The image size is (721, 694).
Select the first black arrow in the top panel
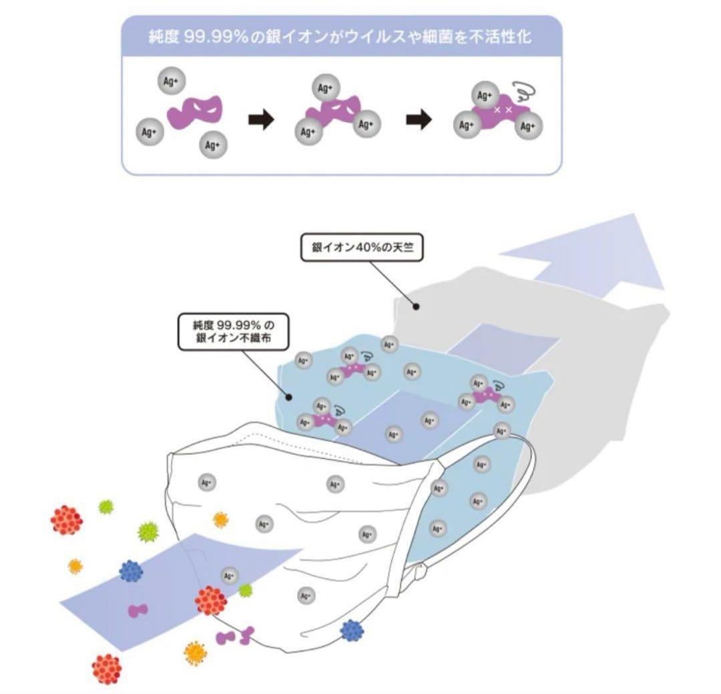pos(261,120)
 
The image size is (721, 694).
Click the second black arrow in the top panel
pos(419,120)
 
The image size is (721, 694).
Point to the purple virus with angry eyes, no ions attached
pos(195,112)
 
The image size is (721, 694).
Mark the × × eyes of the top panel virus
pos(503,109)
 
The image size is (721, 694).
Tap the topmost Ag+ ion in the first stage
pos(172,81)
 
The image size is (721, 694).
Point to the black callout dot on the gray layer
pos(416,306)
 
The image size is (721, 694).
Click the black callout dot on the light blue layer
pos(289,397)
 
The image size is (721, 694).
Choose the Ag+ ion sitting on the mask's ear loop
pos(502,431)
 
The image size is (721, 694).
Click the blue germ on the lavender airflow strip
pos(131,570)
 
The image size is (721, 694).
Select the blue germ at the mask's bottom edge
pos(351,630)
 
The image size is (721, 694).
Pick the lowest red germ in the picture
pos(106,668)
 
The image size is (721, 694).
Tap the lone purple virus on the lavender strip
pos(138,609)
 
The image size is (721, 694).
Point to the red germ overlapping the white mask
pos(211,600)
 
